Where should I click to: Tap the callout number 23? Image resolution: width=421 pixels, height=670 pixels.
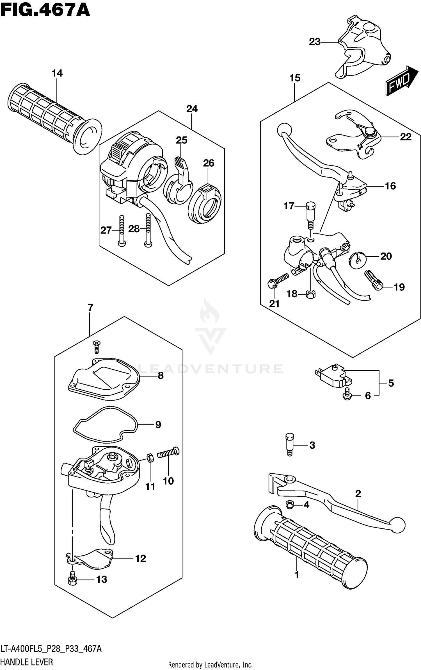pyautogui.click(x=314, y=42)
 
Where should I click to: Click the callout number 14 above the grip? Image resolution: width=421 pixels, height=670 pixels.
pyautogui.click(x=57, y=74)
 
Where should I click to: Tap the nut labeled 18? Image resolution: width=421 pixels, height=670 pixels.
pyautogui.click(x=310, y=294)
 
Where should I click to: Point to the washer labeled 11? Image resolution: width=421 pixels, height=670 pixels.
pyautogui.click(x=150, y=458)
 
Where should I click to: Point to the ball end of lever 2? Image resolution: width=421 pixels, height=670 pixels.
pyautogui.click(x=398, y=524)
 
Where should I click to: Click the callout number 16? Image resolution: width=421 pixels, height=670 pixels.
pyautogui.click(x=390, y=186)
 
